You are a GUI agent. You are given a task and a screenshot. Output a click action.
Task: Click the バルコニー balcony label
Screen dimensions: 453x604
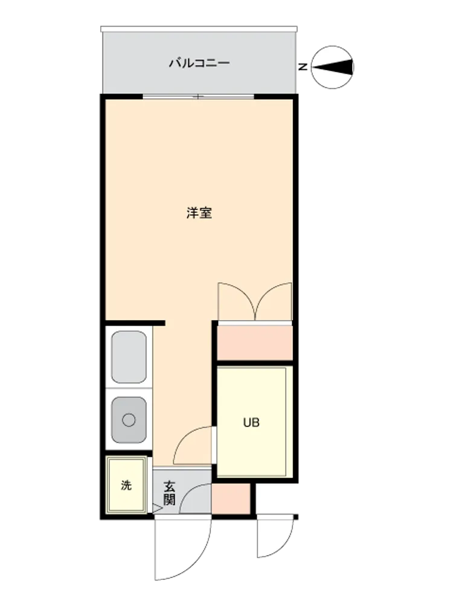click(199, 63)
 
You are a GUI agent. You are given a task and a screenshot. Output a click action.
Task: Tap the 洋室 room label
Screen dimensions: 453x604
click(199, 213)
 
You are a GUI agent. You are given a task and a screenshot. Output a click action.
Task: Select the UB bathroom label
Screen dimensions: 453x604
click(251, 423)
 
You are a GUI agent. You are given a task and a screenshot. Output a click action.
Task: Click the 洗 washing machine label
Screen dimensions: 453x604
click(126, 485)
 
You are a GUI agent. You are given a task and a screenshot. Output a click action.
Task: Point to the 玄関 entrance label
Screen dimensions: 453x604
click(169, 493)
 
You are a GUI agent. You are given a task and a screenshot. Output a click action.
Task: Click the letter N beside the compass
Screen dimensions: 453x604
click(304, 66)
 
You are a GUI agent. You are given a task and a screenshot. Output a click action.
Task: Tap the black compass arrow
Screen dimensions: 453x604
click(332, 67)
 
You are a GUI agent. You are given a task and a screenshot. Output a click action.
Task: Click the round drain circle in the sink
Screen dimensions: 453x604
click(129, 420)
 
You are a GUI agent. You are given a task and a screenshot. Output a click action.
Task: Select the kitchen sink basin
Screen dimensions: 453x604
click(129, 420)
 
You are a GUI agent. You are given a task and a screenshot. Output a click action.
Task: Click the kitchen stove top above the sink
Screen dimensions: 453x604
click(129, 357)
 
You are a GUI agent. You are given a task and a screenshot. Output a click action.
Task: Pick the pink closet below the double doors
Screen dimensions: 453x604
click(255, 343)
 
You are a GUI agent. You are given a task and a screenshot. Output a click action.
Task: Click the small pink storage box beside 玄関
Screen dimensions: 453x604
click(231, 499)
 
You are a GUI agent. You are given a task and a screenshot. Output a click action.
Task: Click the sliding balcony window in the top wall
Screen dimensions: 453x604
click(198, 96)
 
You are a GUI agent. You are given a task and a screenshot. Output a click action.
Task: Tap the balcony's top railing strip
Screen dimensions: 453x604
click(199, 29)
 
